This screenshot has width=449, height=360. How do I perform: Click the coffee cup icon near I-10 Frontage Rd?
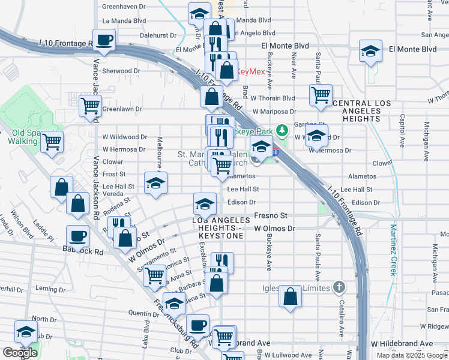104,40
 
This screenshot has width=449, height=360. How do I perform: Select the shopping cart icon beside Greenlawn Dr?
91,106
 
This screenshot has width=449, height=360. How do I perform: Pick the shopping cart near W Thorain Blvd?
321,94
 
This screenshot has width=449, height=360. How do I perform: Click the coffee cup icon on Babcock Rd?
76,236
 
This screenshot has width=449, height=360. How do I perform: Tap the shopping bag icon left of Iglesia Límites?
290,296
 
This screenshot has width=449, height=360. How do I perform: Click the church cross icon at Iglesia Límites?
339,287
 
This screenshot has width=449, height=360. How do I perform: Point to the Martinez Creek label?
394,250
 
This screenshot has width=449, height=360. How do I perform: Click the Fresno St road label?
271,215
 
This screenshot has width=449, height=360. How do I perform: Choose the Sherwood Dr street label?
121,71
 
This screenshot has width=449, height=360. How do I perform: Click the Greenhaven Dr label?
124,7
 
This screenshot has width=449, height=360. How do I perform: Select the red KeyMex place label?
250,71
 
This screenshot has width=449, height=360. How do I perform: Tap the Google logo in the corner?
20,353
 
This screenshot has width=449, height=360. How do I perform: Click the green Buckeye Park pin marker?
286,130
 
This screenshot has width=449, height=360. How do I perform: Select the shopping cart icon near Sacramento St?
155,275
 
